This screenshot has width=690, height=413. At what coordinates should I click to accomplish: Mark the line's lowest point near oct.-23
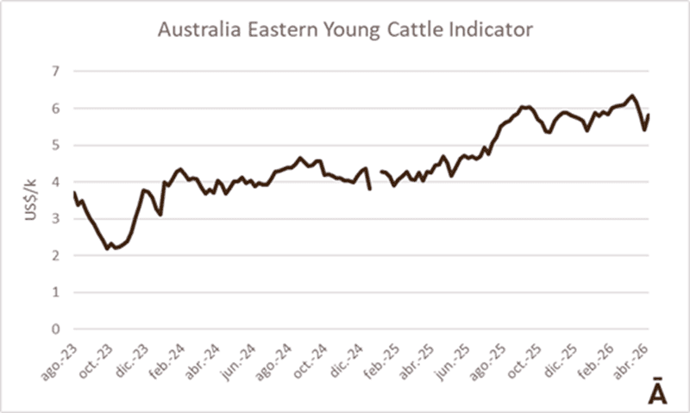click(x=109, y=248)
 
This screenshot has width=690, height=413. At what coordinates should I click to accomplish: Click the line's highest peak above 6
click(x=631, y=96)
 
